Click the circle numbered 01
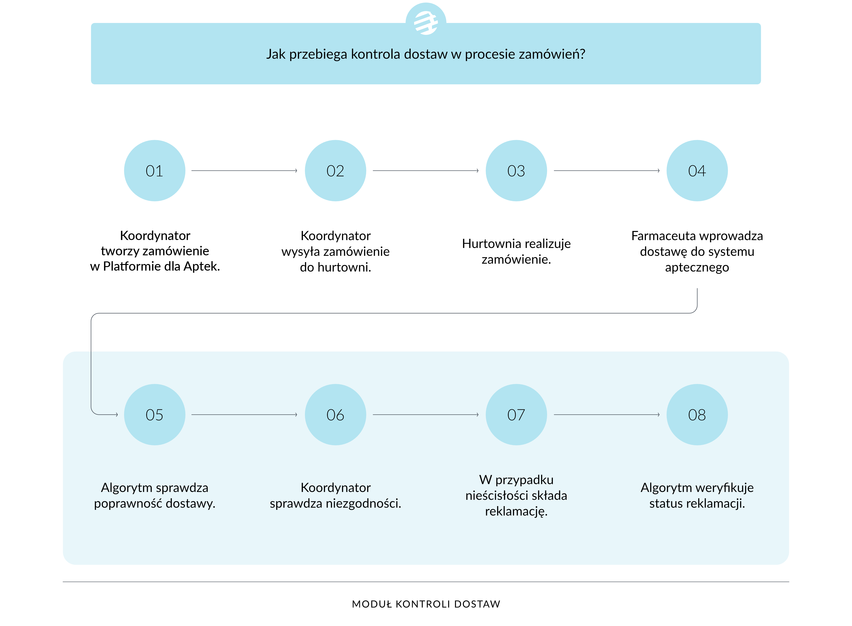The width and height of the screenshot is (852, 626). coord(154,171)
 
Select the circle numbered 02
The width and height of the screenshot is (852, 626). coord(335,171)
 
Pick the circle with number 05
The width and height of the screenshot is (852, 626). coord(154,415)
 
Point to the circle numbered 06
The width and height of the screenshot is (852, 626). coord(335,415)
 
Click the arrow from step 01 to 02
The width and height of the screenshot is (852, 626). coord(244,171)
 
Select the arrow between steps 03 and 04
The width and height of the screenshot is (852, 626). coord(607,171)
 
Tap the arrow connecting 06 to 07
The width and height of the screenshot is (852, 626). coord(426,415)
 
